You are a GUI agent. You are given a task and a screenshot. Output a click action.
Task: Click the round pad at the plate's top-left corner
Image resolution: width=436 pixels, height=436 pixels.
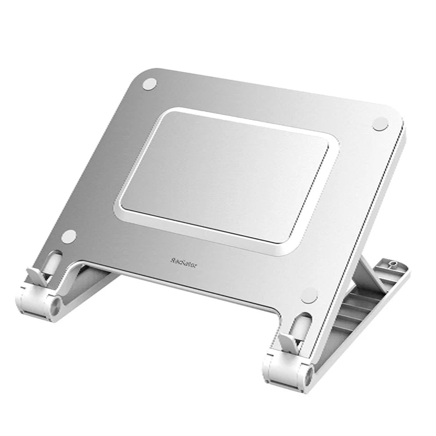tap(149, 84)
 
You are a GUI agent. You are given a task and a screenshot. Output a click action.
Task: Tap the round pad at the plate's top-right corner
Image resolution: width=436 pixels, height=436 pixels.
tap(380, 124)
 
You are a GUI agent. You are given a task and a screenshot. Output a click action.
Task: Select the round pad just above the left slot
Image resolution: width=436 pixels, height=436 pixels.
tap(69, 237)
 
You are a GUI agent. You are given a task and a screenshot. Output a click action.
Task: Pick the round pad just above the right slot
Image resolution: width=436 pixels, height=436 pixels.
tap(309, 295)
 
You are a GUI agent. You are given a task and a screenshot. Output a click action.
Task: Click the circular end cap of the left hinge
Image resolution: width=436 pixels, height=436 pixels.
tap(56, 306)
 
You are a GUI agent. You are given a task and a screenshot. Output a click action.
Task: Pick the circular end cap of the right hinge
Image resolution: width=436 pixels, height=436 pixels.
tap(308, 376)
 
